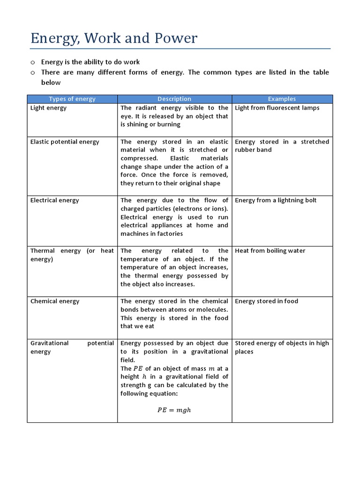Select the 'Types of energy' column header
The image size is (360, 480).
tap(72, 99)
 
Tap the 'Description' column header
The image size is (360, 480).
tap(174, 99)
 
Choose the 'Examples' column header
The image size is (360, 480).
tap(282, 99)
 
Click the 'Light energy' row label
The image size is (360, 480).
tap(48, 108)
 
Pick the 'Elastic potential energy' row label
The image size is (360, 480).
tap(65, 142)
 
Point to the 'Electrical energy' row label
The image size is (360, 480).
tap(54, 200)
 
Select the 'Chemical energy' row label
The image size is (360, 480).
tap(55, 301)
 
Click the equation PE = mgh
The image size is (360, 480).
tap(174, 410)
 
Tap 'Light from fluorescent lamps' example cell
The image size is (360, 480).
tap(277, 108)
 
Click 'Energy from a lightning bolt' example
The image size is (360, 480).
tap(276, 200)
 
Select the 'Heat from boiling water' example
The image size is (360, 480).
tap(270, 251)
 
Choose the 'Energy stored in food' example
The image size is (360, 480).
tap(266, 301)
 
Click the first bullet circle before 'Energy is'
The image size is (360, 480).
tap(33, 62)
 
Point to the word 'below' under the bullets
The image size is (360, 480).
tap(51, 82)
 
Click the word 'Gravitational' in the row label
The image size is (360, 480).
tap(49, 343)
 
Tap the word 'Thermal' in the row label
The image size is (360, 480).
tap(43, 251)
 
